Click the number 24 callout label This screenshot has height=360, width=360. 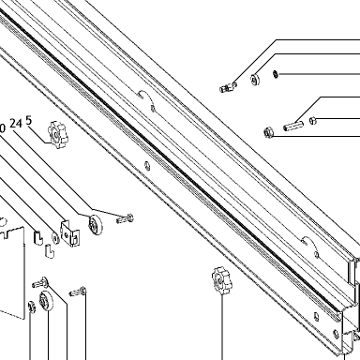tap(16, 124)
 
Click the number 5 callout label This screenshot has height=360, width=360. tap(29, 121)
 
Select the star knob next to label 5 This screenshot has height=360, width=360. tap(57, 135)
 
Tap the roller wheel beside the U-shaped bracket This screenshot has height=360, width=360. tap(95, 225)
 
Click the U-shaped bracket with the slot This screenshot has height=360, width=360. tap(70, 232)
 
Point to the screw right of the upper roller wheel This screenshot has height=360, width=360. tap(125, 218)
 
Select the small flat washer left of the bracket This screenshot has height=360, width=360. tap(55, 238)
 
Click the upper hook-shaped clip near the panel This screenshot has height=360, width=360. tap(38, 238)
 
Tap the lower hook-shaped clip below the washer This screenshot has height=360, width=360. tap(50, 250)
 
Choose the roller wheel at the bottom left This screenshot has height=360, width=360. tap(46, 301)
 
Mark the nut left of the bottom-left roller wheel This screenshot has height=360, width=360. tap(32, 307)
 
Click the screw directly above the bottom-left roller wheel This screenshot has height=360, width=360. tap(39, 282)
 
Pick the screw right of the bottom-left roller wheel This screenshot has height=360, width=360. tap(78, 292)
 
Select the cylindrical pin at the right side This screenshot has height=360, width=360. tap(293, 126)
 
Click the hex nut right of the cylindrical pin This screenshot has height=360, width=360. tap(313, 120)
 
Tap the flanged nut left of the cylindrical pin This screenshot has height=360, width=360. tap(269, 132)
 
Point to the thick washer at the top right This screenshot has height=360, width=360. tap(255, 80)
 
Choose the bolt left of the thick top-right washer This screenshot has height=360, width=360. tap(229, 87)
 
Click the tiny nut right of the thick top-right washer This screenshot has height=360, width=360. tap(276, 74)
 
